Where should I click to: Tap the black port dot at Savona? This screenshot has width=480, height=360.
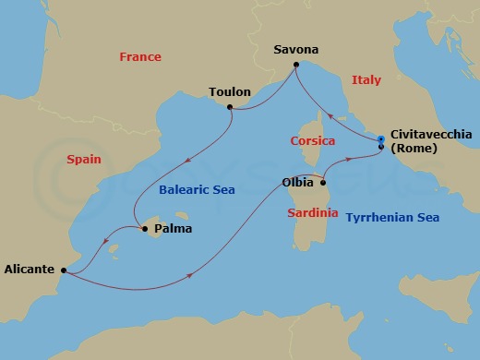[x=295, y=65]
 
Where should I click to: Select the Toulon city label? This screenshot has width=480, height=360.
[x=230, y=93]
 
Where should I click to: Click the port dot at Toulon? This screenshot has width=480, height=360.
[x=230, y=107]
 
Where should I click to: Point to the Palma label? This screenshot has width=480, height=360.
[x=173, y=229]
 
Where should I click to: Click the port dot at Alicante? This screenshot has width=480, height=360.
[x=63, y=270]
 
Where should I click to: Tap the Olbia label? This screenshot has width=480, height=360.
[x=297, y=183]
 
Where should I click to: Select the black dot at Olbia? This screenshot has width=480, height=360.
[x=322, y=183]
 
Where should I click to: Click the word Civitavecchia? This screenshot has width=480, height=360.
[x=431, y=134]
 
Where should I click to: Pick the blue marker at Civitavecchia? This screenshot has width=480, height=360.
[x=381, y=139]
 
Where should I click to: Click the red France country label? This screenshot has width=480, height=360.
[x=140, y=57]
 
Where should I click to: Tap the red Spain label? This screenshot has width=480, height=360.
[x=83, y=160]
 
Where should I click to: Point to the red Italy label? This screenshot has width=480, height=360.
[x=366, y=81]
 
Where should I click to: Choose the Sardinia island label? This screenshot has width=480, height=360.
[x=312, y=212]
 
